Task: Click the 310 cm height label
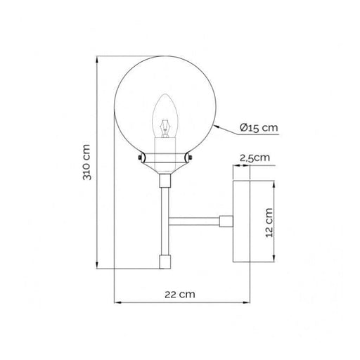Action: click(x=88, y=163)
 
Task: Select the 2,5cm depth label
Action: click(x=255, y=158)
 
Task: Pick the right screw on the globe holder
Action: click(x=188, y=159)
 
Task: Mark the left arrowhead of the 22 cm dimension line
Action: click(x=117, y=304)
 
